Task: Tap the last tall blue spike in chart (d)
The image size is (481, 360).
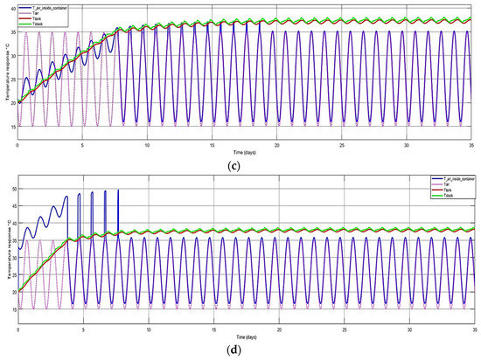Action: coord(118,190)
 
